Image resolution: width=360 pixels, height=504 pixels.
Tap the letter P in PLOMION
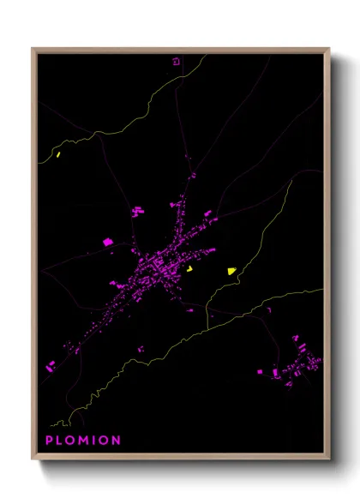pyautogui.click(x=49, y=441)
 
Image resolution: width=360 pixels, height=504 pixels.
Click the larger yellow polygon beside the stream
pyautogui.click(x=231, y=271)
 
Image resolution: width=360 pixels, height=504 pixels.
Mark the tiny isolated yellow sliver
pyautogui.click(x=57, y=155)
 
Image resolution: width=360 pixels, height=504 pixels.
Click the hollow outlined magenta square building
pyautogui.click(x=177, y=61)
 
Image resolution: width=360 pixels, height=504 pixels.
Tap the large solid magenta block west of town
pyautogui.click(x=108, y=243)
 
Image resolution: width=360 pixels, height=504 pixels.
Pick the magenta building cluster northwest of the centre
pyautogui.click(x=137, y=210)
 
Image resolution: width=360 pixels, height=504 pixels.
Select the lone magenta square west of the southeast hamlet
pyautogui.click(x=261, y=372)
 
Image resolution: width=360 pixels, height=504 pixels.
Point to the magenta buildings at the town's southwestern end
pyautogui.click(x=49, y=367)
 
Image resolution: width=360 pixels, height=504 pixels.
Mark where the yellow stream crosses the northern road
pyautogui.click(x=183, y=80)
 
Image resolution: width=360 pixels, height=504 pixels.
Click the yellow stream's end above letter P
pyautogui.click(x=51, y=424)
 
